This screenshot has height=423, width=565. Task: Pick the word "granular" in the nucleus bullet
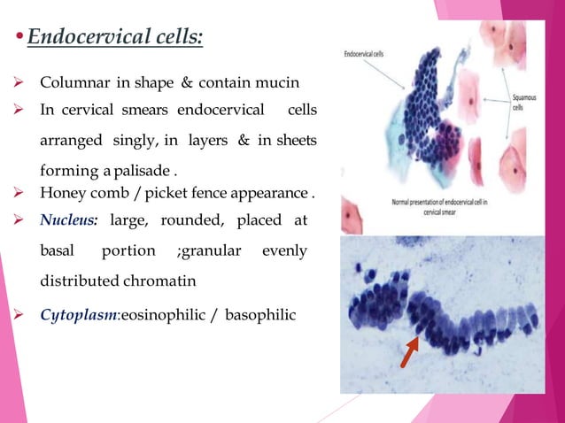click(211, 251)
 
